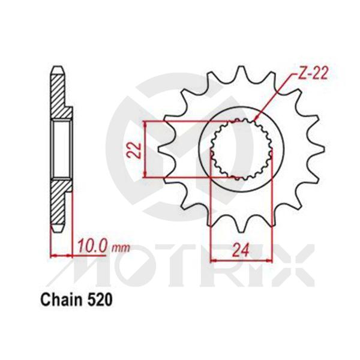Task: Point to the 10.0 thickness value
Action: click(x=91, y=245)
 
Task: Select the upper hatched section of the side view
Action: click(x=60, y=93)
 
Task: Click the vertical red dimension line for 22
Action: click(x=146, y=148)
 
